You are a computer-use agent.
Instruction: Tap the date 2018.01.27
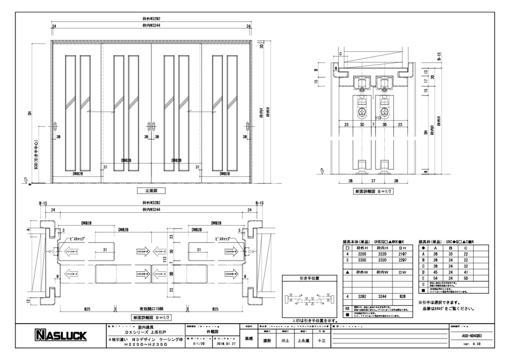[223, 344]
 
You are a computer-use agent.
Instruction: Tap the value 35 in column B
[451, 253]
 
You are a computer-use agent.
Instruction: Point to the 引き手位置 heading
[309, 278]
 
